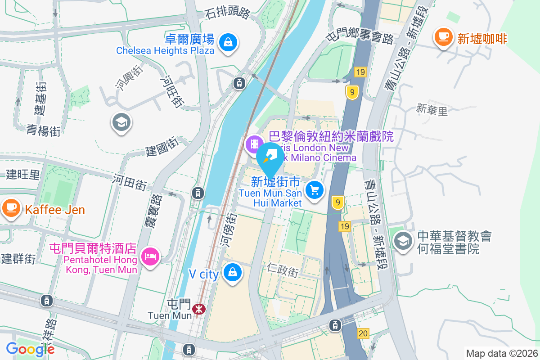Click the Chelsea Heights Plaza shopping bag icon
[228, 43]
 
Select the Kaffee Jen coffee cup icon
[10, 207]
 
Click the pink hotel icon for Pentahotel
[149, 256]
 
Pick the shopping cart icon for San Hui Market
[314, 190]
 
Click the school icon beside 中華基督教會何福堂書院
[403, 241]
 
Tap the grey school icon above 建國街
[121, 121]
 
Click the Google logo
[30, 349]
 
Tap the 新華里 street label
[432, 110]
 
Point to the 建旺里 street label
[23, 175]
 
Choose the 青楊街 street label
[43, 130]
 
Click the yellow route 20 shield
[363, 333]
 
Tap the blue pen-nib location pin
[270, 157]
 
